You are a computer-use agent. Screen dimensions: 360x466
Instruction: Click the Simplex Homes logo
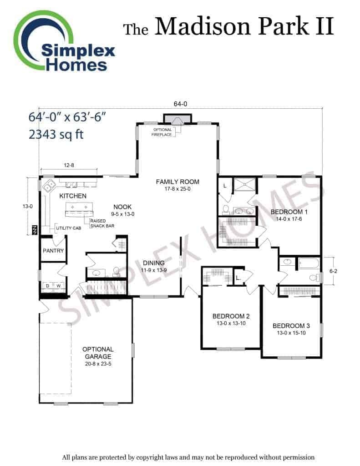click(64, 41)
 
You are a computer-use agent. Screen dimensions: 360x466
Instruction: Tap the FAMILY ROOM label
click(177, 182)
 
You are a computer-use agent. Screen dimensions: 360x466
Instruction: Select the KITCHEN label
click(73, 196)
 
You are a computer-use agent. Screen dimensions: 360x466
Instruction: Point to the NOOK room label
click(122, 207)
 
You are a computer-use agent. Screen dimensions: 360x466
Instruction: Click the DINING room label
click(154, 263)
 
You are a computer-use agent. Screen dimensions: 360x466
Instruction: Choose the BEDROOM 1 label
click(289, 212)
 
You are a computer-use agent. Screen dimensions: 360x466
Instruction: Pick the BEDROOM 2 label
click(231, 316)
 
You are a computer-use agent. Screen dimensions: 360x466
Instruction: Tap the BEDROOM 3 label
click(291, 326)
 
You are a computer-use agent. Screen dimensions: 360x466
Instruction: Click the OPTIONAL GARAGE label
click(98, 353)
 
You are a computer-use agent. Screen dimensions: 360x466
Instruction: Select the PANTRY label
click(53, 251)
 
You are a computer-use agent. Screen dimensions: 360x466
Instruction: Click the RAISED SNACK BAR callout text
click(102, 223)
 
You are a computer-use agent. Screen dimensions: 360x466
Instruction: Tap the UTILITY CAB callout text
click(68, 228)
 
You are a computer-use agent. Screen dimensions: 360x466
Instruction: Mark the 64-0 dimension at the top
click(180, 104)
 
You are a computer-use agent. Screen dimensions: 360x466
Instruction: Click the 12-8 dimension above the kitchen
click(69, 165)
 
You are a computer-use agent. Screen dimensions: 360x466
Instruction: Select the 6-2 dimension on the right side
click(333, 271)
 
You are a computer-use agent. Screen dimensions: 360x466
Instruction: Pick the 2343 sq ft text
click(56, 134)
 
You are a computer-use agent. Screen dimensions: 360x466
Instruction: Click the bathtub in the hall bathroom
click(309, 263)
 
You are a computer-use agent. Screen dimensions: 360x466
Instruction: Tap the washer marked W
click(59, 286)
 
